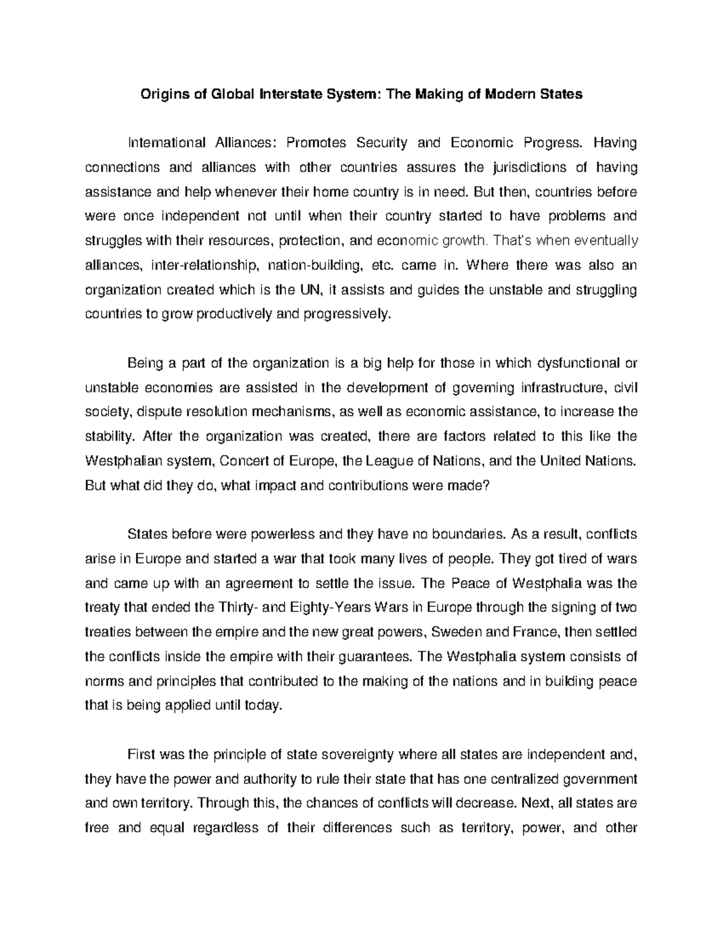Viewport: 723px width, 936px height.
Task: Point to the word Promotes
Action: pos(316,143)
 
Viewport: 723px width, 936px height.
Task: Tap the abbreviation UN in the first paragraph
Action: pos(306,290)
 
